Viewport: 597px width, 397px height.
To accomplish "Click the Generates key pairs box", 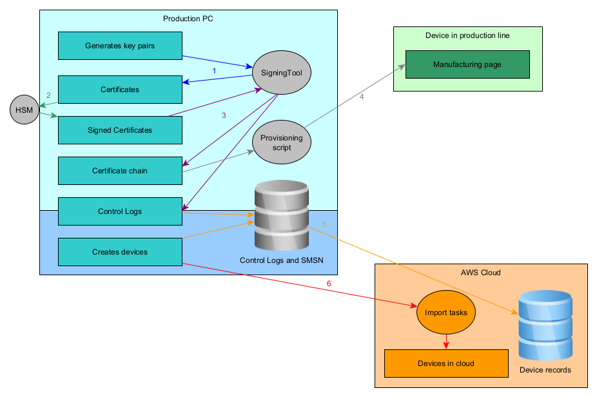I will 120,46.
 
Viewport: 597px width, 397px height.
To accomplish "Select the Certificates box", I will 120,90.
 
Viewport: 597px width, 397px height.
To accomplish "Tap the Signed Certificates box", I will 120,130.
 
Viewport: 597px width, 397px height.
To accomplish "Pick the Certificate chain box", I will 120,171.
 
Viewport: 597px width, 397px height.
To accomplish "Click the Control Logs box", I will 120,211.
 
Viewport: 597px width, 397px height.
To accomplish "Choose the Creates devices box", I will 120,252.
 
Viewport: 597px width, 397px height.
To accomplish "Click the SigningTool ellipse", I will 282,73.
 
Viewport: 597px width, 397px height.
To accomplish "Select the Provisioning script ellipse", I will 282,142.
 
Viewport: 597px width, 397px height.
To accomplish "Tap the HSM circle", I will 24,111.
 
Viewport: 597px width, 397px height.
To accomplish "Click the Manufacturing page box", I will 467,64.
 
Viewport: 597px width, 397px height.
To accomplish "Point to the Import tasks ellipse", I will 446,313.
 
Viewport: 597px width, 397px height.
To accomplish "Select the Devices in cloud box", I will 446,363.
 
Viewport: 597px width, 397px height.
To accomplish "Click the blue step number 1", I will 214,70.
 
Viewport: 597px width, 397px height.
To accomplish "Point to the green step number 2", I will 48,95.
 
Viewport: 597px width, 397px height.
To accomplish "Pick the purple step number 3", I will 224,115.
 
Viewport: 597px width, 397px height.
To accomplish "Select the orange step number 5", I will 324,224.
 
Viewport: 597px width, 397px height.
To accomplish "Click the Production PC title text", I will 188,19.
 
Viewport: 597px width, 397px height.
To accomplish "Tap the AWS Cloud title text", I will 481,273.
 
